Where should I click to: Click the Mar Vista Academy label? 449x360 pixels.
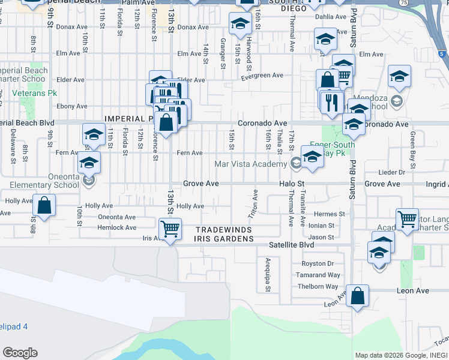click(251, 164)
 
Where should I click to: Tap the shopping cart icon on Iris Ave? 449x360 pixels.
click(170, 228)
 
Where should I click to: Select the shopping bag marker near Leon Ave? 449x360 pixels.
click(357, 295)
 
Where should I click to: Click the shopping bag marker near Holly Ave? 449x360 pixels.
click(44, 205)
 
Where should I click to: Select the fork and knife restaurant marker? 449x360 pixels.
click(331, 102)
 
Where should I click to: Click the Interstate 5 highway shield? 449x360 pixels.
click(442, 55)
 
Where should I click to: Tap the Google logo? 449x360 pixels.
click(20, 353)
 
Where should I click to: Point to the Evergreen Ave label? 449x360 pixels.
click(262, 76)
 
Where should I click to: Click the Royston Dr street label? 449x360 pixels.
click(318, 263)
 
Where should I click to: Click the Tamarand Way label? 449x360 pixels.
click(319, 275)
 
